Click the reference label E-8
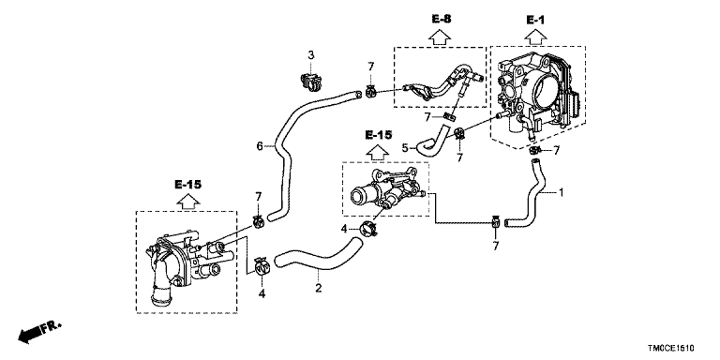coord(442,19)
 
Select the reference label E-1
coord(535,20)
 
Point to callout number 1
coord(561,192)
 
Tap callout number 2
coord(318,289)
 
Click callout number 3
coord(311,55)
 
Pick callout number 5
coord(405,148)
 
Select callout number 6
coord(260,146)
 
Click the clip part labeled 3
coord(308,82)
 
